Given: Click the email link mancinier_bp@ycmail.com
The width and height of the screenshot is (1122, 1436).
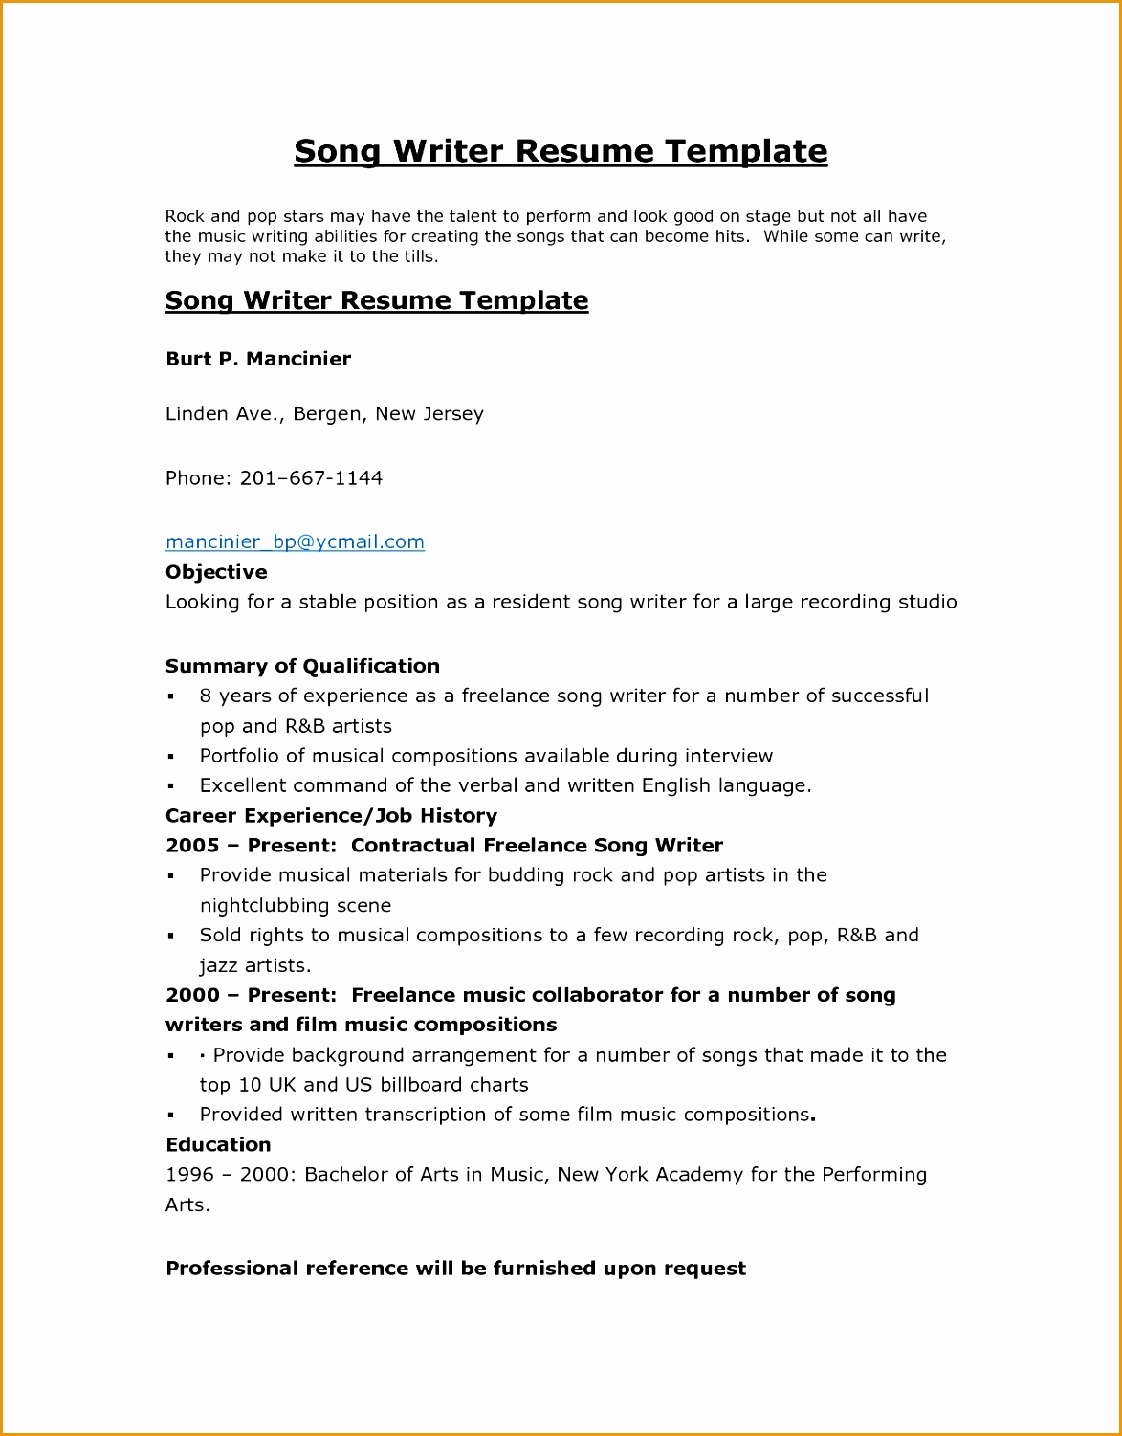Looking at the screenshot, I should pos(295,541).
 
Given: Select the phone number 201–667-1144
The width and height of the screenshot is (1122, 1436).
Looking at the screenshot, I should pos(311,478).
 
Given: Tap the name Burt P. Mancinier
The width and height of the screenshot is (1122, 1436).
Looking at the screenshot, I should pos(258,359).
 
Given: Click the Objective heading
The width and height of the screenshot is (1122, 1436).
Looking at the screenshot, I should pos(216,572).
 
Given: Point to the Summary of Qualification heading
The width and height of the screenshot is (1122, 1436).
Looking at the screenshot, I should pos(302,666).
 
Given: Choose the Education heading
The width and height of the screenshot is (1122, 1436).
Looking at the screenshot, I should pos(218,1144).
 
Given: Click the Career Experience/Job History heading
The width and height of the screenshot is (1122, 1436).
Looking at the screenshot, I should pos(331,816).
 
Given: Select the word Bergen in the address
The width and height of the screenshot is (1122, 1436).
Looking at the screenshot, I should pos(327,414).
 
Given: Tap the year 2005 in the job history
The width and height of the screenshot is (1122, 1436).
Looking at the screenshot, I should pos(192,846).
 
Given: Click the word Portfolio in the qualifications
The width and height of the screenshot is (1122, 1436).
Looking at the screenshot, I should pos(239,756).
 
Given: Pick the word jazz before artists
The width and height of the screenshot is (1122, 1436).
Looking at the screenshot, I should pos(218,965).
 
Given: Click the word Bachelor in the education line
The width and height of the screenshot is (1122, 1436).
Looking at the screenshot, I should pos(345,1175).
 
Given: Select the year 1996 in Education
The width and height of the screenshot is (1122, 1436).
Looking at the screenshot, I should pos(189,1175).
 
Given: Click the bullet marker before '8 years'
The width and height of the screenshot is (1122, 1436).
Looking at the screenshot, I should pos(171,697).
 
